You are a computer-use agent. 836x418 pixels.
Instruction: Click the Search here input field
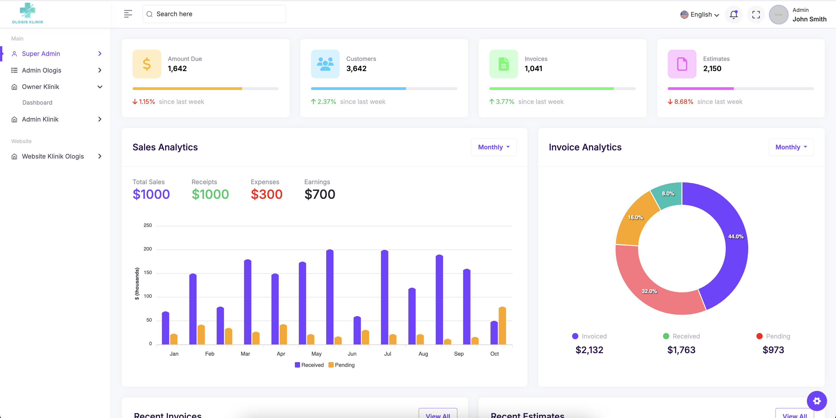tap(214, 14)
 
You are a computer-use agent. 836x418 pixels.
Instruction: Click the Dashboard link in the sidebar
tap(37, 102)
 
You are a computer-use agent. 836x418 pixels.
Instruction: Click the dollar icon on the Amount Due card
tap(147, 64)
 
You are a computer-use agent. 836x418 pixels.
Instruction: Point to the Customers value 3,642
tap(356, 68)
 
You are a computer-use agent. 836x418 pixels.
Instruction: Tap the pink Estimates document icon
tap(682, 64)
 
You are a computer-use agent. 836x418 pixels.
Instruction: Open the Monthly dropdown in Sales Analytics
tap(494, 147)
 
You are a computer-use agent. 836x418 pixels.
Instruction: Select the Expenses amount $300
tap(266, 194)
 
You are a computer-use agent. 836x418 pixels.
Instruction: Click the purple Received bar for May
tap(330, 297)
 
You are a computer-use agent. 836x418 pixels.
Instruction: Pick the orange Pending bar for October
tap(502, 325)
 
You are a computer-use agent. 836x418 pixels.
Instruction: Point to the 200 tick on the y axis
tap(148, 249)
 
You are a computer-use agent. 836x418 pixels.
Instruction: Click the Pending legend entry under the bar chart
tap(341, 365)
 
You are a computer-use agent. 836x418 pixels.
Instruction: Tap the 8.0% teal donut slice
tap(668, 194)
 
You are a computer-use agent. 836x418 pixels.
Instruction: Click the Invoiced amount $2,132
tap(589, 350)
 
